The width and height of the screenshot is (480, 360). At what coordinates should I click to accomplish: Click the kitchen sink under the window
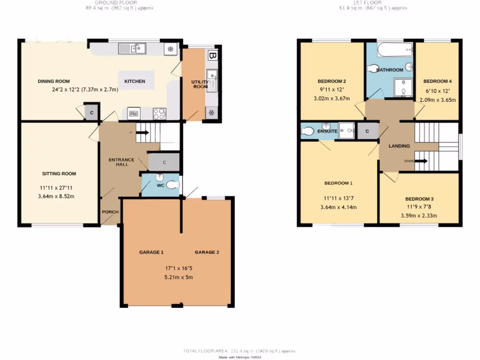click(132, 48)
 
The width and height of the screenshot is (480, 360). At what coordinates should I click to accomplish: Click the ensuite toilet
click(307, 132)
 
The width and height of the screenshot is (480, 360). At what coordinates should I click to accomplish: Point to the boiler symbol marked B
click(213, 55)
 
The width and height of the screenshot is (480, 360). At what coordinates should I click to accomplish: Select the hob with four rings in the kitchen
click(159, 113)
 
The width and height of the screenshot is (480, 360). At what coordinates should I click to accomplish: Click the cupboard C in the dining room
click(91, 112)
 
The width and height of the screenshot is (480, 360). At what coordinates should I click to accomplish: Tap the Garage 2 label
click(207, 252)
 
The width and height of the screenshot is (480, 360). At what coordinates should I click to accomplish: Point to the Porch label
click(110, 212)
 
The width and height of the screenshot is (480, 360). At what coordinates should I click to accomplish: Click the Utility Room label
click(199, 84)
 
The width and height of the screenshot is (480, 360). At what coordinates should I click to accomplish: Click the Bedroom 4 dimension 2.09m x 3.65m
click(437, 100)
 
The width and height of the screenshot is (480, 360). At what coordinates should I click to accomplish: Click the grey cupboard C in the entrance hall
click(164, 163)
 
